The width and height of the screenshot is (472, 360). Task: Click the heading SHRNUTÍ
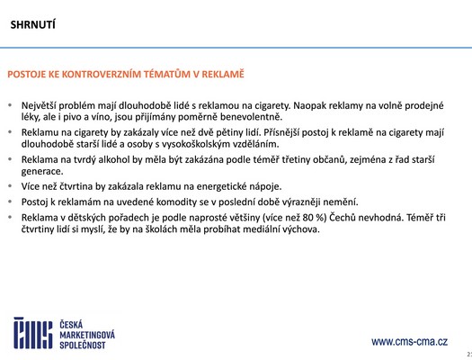[x=33, y=25]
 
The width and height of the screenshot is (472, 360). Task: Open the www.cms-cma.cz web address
[x=409, y=342]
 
